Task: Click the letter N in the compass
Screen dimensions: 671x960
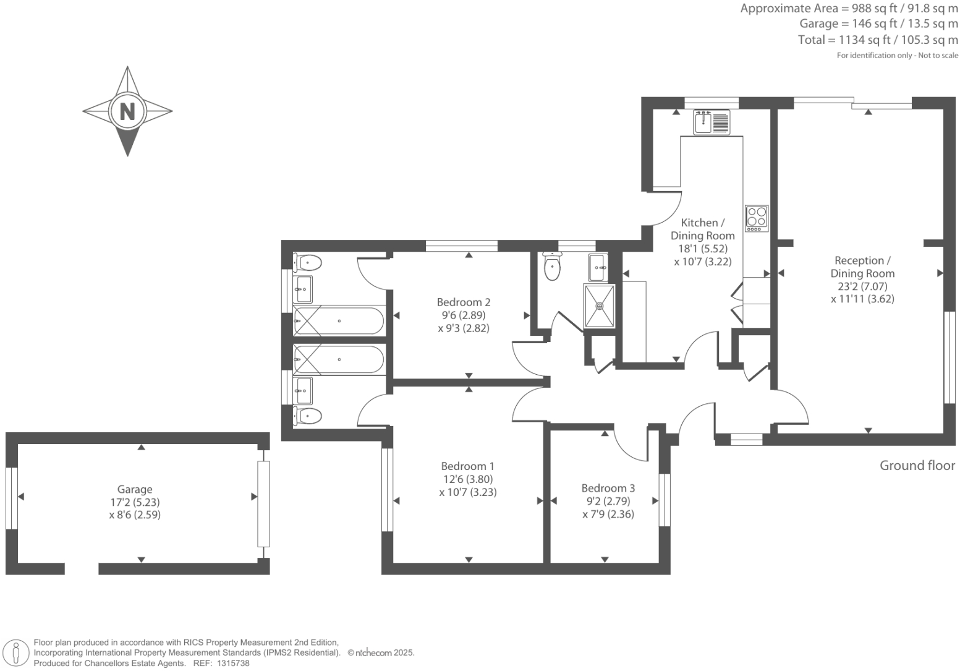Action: point(127,111)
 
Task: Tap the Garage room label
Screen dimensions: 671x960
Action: point(135,489)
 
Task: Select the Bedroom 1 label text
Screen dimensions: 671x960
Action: point(467,466)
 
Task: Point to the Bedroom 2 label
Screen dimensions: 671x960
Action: point(464,302)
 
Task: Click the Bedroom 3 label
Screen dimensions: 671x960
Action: point(608,488)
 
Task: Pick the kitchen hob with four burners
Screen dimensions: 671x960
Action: point(757,218)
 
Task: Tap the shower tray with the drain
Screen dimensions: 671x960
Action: point(599,306)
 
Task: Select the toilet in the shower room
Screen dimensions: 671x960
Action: point(552,267)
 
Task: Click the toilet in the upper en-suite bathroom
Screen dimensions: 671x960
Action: point(307,263)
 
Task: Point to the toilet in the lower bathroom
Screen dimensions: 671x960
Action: point(307,416)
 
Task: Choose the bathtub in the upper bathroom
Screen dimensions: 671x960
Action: point(339,321)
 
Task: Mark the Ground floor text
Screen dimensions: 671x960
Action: point(917,466)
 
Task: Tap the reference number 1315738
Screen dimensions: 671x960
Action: point(231,663)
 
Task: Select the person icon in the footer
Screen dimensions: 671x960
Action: point(17,653)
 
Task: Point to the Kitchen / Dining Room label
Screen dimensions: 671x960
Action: point(702,229)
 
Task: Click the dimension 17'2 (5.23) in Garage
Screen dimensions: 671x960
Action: point(135,502)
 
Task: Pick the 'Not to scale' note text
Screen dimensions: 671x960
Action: point(938,56)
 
